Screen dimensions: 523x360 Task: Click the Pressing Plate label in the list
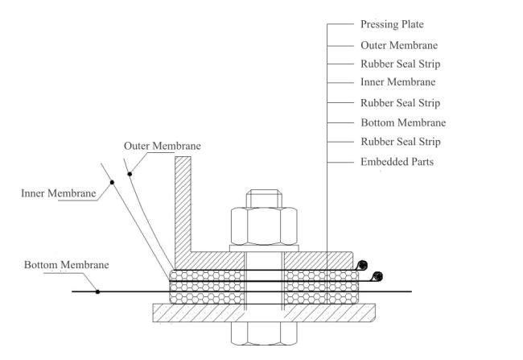pyautogui.click(x=392, y=24)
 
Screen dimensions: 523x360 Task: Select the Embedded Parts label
pyautogui.click(x=397, y=162)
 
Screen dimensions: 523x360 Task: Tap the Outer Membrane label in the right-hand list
pyautogui.click(x=399, y=45)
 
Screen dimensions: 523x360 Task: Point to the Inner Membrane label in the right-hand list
pyautogui.click(x=398, y=82)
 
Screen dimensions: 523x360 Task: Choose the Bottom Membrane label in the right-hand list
pyautogui.click(x=403, y=122)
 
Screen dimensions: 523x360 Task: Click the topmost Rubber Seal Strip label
pyautogui.click(x=400, y=64)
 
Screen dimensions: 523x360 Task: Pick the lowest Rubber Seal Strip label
pyautogui.click(x=401, y=142)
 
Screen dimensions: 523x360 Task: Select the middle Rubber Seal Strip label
pyautogui.click(x=400, y=103)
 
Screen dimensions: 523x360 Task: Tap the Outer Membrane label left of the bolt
pyautogui.click(x=162, y=146)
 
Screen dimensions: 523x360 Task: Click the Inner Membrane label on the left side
pyautogui.click(x=59, y=193)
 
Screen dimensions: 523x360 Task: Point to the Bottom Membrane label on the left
pyautogui.click(x=66, y=265)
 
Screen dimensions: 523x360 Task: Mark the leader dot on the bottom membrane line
pyautogui.click(x=97, y=292)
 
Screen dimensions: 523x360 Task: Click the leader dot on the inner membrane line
pyautogui.click(x=112, y=182)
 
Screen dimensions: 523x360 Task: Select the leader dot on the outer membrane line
pyautogui.click(x=130, y=174)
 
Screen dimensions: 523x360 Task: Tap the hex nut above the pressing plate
pyautogui.click(x=264, y=226)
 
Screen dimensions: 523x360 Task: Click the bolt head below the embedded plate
pyautogui.click(x=264, y=333)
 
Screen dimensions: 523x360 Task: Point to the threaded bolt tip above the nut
pyautogui.click(x=264, y=198)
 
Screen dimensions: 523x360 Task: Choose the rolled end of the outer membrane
pyautogui.click(x=363, y=266)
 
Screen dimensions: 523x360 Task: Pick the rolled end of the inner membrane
pyautogui.click(x=377, y=276)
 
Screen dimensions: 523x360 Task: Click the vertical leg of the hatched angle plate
pyautogui.click(x=183, y=204)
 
